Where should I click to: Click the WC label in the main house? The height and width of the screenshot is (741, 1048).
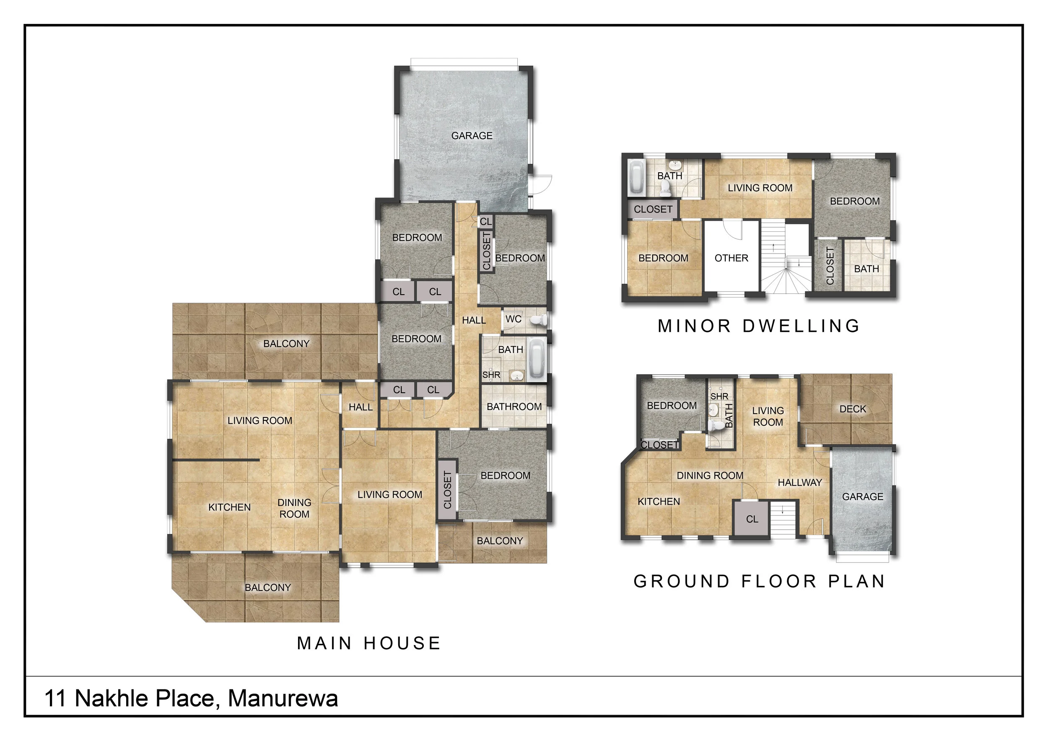(514, 319)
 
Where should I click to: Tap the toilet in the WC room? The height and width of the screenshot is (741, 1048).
(539, 320)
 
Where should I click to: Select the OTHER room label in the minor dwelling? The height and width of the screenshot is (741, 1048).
(731, 258)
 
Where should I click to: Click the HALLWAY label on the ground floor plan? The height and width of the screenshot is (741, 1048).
(800, 482)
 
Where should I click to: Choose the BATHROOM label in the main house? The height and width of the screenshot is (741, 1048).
(514, 407)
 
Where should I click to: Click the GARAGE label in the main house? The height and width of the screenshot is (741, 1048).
(472, 135)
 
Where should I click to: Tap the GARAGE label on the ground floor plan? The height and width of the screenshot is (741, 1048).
(863, 496)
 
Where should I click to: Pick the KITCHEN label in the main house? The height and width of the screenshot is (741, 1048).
(230, 508)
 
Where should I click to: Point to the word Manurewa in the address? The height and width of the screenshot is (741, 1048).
(283, 699)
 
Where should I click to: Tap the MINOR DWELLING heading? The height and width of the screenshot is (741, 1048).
(759, 326)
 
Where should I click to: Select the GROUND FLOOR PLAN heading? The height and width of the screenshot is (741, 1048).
(760, 581)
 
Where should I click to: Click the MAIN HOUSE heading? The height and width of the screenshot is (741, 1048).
(369, 643)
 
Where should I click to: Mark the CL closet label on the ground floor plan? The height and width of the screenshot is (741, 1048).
(752, 519)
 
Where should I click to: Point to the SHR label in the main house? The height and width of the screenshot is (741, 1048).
(491, 375)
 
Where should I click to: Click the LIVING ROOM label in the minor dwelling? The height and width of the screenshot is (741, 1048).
(760, 188)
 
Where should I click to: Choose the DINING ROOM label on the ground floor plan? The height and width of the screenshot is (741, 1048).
(710, 475)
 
